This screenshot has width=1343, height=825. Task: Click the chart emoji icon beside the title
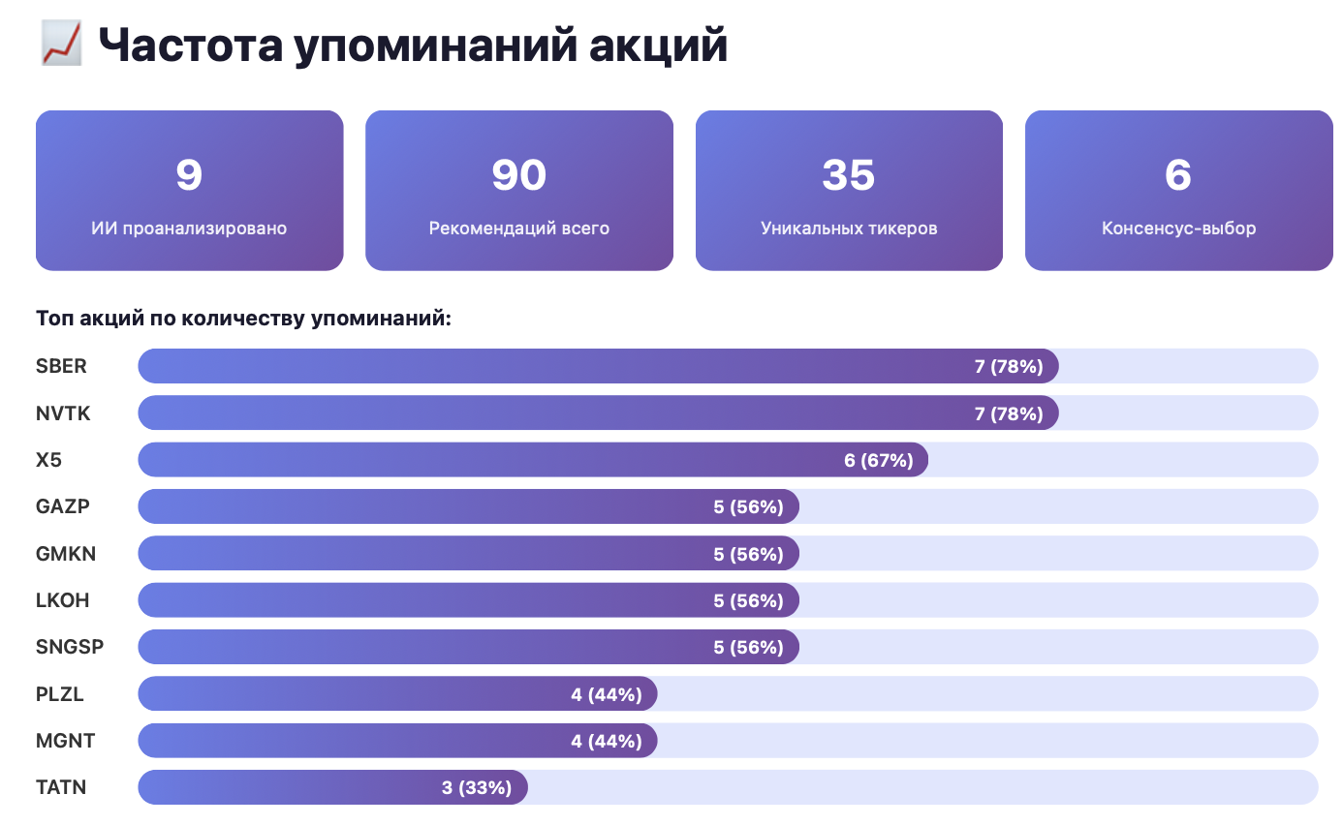[x=61, y=45]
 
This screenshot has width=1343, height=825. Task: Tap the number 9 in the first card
[x=189, y=174]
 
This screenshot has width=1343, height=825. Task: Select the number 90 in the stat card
[x=518, y=174]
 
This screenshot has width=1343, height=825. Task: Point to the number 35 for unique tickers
[x=848, y=174]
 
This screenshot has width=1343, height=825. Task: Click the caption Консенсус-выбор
[x=1178, y=229]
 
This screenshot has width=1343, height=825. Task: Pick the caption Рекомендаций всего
[x=518, y=229]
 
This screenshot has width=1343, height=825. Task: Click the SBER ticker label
[x=61, y=366]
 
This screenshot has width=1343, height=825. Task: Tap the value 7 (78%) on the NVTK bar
[x=1009, y=413]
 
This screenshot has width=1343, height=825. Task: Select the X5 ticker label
[x=48, y=460]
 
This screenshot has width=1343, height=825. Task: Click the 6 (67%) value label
[x=879, y=460]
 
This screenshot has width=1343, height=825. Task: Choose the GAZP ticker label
[x=64, y=506]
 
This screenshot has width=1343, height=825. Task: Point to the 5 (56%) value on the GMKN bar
[x=748, y=554]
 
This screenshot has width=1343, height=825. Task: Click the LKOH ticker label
[x=62, y=600]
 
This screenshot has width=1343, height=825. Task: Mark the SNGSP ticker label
[x=70, y=647]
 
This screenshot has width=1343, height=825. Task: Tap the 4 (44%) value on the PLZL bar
[x=607, y=694]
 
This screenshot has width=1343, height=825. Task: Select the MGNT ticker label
[x=65, y=741]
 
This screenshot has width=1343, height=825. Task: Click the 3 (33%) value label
[x=477, y=787]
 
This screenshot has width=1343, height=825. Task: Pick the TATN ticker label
[x=61, y=787]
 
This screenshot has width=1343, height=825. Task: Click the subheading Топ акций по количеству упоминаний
[x=243, y=319]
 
